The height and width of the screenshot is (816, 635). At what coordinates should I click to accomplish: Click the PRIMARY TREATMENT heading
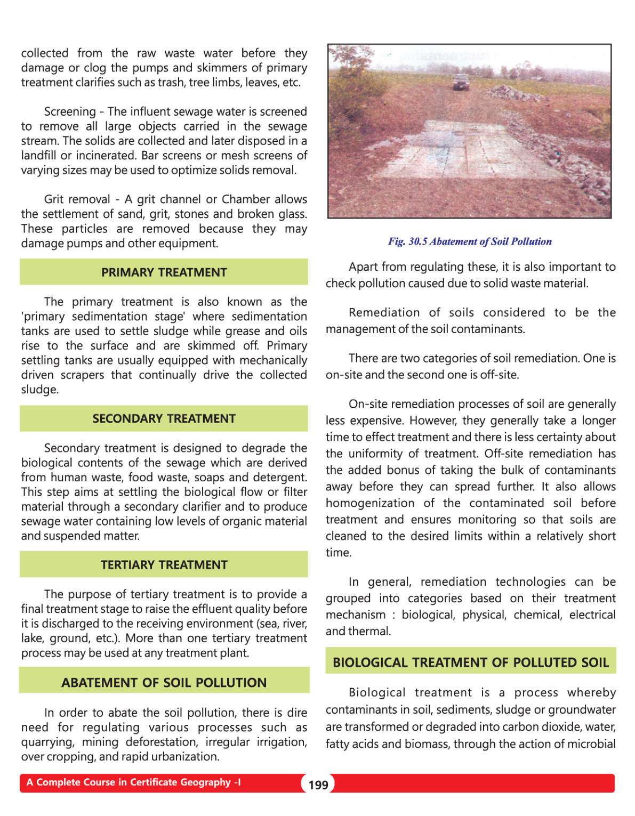[x=164, y=272]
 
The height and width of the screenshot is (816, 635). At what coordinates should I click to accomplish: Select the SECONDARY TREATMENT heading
[x=164, y=419]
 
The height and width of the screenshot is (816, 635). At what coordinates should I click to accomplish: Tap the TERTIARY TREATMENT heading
[x=164, y=565]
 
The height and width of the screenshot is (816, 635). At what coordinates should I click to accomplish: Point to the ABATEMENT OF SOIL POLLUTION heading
[x=164, y=683]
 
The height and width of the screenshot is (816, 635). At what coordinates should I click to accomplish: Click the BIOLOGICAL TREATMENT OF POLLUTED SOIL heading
[x=470, y=663]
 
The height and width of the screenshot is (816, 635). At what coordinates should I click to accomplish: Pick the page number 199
[x=318, y=785]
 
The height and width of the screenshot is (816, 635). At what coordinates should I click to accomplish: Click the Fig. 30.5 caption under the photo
[x=470, y=241]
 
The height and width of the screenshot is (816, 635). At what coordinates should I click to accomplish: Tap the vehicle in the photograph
[x=461, y=82]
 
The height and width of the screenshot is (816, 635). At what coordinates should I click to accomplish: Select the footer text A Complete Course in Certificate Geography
[x=133, y=782]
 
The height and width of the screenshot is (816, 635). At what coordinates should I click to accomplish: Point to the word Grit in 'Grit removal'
[x=54, y=199]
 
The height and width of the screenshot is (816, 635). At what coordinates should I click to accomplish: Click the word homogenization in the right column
[x=370, y=503]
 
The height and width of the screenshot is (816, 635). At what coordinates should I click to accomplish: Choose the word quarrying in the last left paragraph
[x=45, y=742]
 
